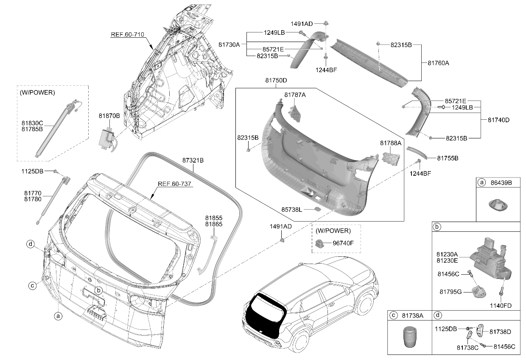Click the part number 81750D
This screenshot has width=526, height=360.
click(276, 80)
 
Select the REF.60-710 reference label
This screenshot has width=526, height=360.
click(128, 34)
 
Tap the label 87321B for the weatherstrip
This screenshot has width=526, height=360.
click(193, 160)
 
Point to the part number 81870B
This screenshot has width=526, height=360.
click(109, 115)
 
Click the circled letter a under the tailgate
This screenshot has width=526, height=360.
click(58, 316)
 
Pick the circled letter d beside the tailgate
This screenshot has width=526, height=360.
click(31, 244)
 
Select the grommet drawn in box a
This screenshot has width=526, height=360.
click(498, 205)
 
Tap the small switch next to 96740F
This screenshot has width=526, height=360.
click(321, 243)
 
